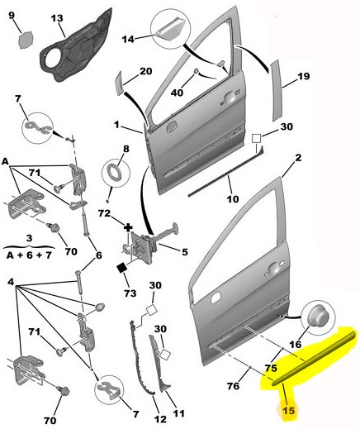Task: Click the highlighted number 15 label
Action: (289, 411)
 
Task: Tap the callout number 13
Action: (57, 18)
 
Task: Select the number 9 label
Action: (12, 15)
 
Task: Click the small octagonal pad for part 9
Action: (26, 41)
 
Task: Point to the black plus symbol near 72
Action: (128, 227)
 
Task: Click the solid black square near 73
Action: (121, 268)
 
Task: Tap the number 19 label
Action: (304, 76)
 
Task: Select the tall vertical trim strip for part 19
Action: (276, 91)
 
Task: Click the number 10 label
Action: (233, 198)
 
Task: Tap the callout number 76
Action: (233, 386)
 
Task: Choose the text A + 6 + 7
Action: (29, 255)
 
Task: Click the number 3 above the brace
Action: (30, 238)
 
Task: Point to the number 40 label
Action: (177, 93)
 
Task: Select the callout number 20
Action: (146, 71)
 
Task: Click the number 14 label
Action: (128, 39)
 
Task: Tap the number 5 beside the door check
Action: (185, 251)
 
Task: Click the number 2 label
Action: (298, 158)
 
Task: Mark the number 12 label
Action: (160, 419)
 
